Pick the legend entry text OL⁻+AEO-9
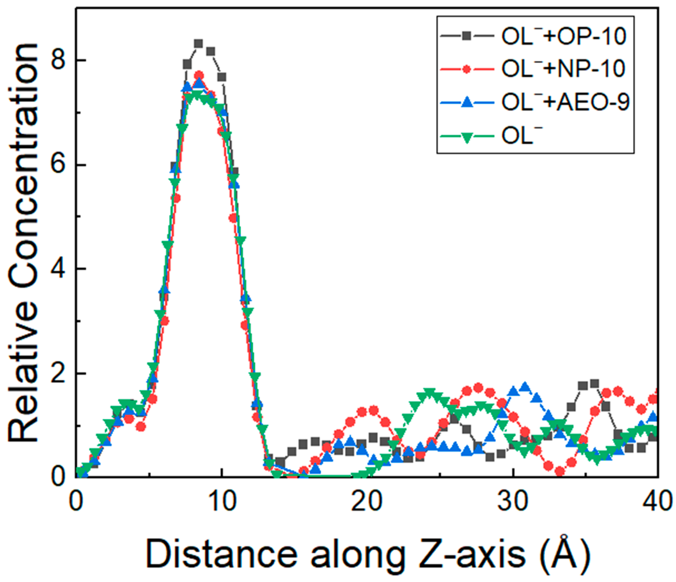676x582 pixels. (565, 103)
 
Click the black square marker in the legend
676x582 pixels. (467, 35)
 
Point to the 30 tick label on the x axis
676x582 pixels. (513, 502)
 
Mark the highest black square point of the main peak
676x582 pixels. (199, 43)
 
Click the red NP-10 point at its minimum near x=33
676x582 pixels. (560, 471)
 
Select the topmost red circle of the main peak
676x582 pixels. (199, 75)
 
